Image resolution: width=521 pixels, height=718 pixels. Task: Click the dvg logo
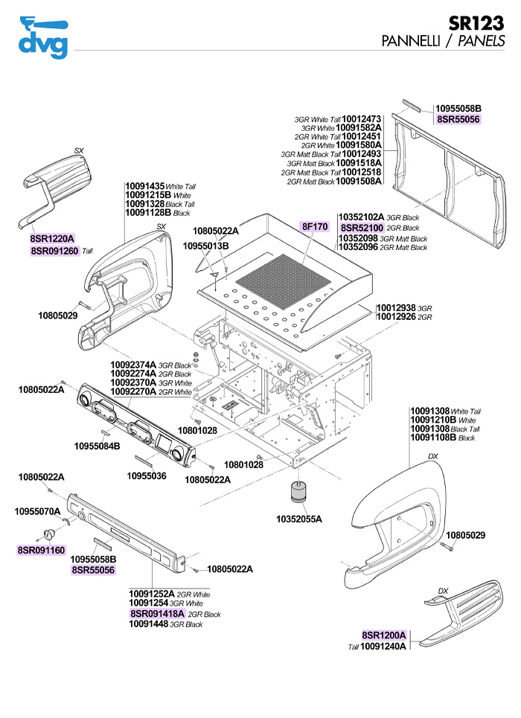point(43,37)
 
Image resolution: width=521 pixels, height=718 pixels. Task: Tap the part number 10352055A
point(299,518)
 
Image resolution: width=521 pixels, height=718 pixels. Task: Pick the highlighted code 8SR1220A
point(53,239)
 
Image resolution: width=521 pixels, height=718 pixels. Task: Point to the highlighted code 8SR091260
point(54,251)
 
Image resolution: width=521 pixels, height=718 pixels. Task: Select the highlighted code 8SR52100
point(362,228)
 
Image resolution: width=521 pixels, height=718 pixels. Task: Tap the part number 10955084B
point(97,446)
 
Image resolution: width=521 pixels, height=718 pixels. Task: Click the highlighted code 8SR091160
point(42,551)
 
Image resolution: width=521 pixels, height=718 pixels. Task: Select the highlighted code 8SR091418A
point(156,614)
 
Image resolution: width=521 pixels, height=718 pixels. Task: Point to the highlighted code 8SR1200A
point(384,635)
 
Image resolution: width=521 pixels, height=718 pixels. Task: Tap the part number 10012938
point(396,307)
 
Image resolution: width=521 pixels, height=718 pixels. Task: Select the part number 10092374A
point(133,365)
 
